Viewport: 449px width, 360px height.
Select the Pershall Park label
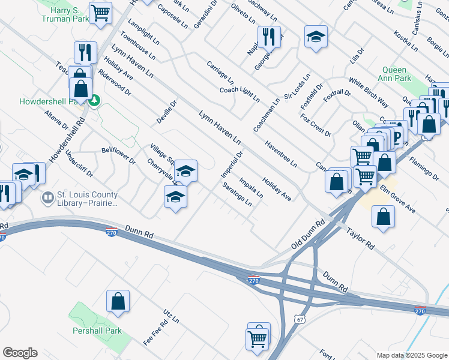tap(98, 331)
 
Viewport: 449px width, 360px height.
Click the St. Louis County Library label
tap(87, 199)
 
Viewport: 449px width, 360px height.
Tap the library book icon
tap(47, 197)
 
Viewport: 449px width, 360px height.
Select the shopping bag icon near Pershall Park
tap(118, 301)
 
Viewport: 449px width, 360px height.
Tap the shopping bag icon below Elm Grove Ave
tap(383, 217)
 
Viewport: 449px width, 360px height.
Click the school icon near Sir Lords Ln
tap(316, 37)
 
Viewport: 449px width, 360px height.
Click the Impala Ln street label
tap(251, 187)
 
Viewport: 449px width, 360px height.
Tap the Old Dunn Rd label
tap(308, 233)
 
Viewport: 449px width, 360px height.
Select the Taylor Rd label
tap(360, 238)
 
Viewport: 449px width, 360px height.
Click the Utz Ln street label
tap(171, 316)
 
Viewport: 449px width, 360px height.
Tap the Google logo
tap(20, 353)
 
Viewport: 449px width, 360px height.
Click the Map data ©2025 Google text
tap(411, 355)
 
